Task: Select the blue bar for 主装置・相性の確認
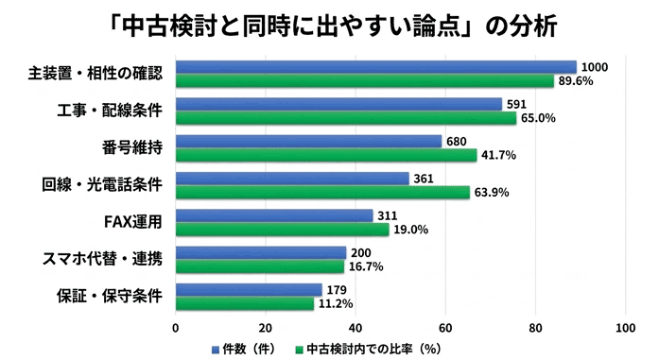pyautogui.click(x=375, y=67)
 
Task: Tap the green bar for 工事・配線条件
pyautogui.click(x=346, y=118)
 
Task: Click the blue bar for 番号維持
pyautogui.click(x=308, y=142)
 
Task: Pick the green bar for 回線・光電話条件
pyautogui.click(x=322, y=192)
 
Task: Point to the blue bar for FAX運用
pyautogui.click(x=274, y=215)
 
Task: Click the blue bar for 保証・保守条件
pyautogui.click(x=249, y=290)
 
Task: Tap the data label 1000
pyautogui.click(x=595, y=66)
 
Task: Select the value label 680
pyautogui.click(x=457, y=141)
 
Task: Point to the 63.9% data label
pyautogui.click(x=491, y=193)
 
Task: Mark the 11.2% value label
pyautogui.click(x=335, y=303)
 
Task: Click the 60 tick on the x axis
pyautogui.click(x=445, y=328)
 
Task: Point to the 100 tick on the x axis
pyautogui.click(x=625, y=328)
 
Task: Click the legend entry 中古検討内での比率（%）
pyautogui.click(x=374, y=348)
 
